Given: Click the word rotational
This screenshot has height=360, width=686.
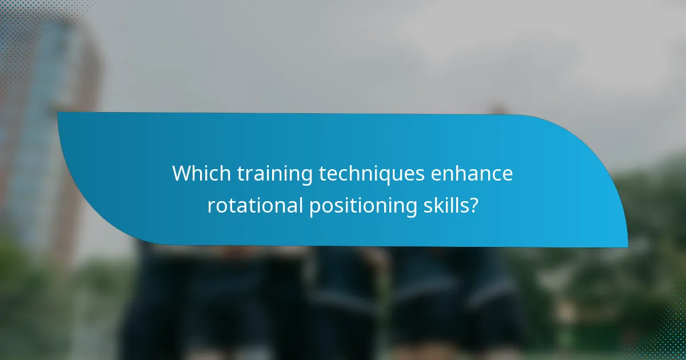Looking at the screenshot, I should [254, 205].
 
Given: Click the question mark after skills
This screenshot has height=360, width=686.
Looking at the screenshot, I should [473, 205].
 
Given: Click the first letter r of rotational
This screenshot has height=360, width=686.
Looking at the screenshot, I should [210, 206].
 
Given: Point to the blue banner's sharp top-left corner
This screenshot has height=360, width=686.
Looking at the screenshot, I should [58, 113].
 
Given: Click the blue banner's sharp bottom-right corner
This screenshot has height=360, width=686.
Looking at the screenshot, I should [627, 247].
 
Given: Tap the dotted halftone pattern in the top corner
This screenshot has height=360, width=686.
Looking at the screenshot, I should [23, 23].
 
